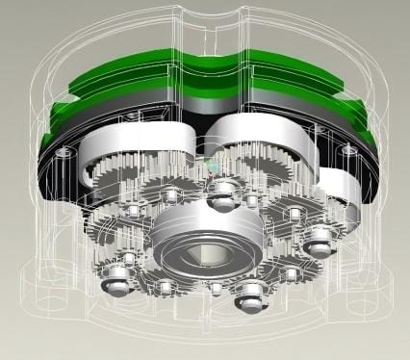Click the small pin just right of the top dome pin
251,200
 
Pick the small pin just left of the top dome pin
171,196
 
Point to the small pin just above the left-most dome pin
129,259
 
